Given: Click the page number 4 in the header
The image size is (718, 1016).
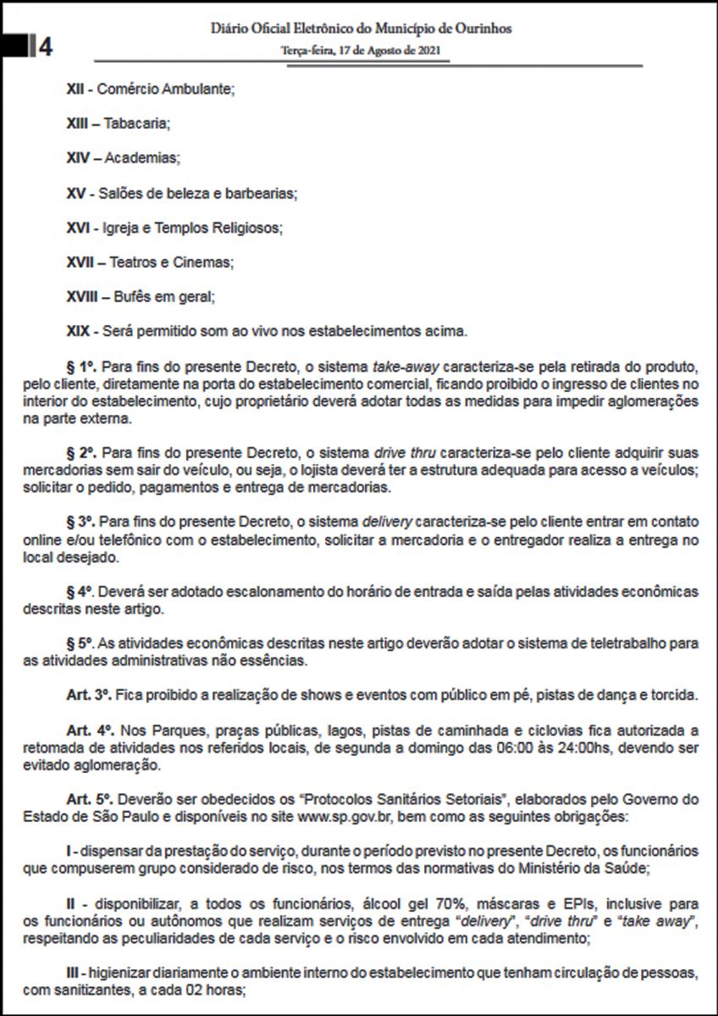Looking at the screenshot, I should click(46, 47).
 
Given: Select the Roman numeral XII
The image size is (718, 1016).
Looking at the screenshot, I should click(75, 87).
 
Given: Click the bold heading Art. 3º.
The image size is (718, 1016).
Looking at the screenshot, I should click(90, 696).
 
